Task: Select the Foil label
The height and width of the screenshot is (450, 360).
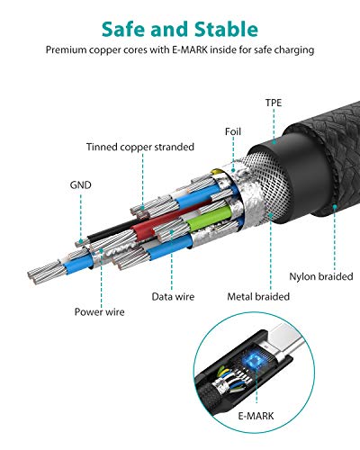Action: [x=233, y=131]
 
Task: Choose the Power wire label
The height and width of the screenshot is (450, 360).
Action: [x=100, y=311]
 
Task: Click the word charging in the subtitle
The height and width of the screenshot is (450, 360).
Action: [x=293, y=50]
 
